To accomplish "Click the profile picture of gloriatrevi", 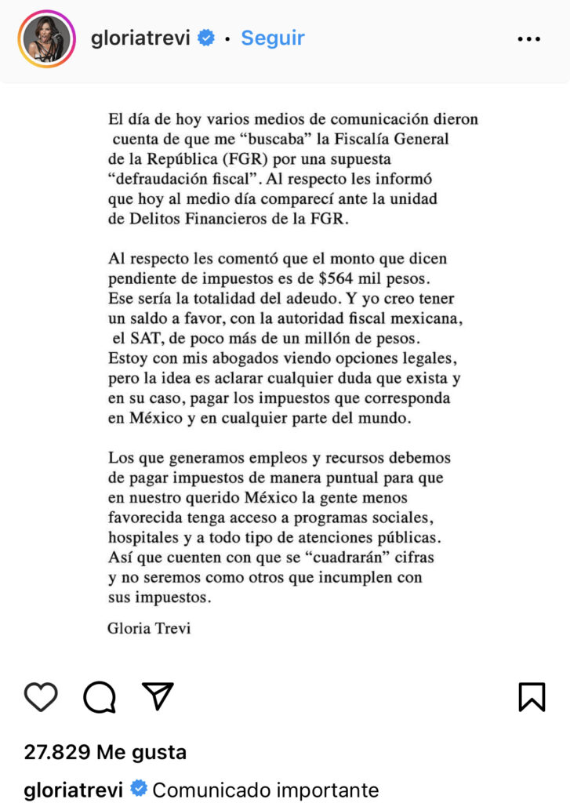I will pos(46,38).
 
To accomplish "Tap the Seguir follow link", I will pos(272,38).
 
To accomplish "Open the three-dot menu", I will pos(529,38).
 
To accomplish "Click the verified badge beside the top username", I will pos(205,38).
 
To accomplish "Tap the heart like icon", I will pos(41,696).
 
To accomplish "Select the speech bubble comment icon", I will pos(100,696).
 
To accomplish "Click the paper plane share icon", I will pos(158,696).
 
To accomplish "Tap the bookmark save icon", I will pos(532,696).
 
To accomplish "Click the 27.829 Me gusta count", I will pos(105,752).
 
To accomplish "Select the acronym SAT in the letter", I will pos(143,338).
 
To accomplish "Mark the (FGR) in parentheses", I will pos(248,159).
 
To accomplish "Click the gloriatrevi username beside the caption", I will pos(74,790).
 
